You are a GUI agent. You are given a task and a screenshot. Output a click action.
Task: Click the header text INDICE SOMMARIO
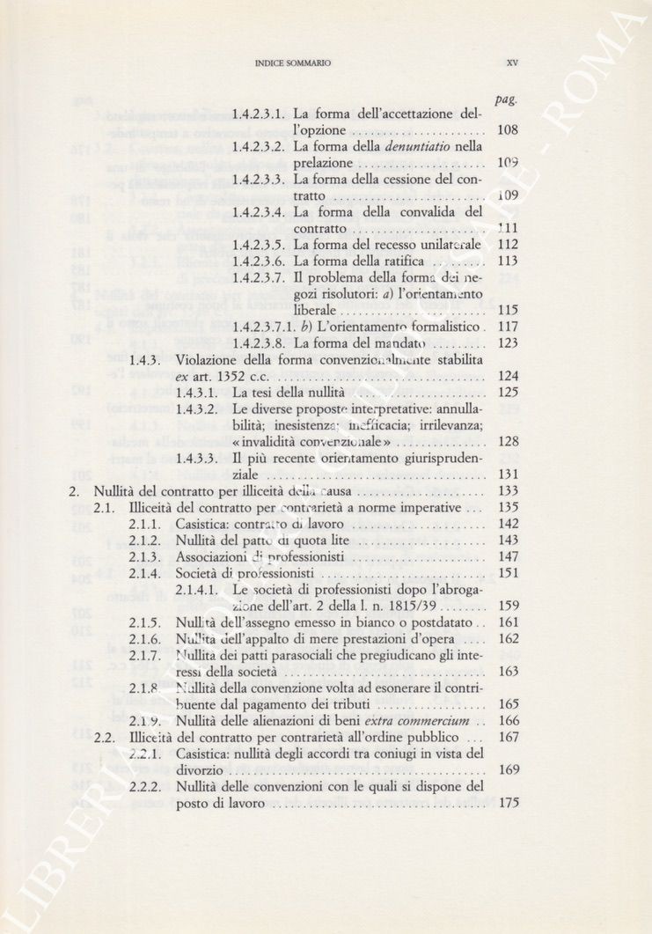[292, 63]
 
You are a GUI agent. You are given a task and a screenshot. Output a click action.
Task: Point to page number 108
[508, 130]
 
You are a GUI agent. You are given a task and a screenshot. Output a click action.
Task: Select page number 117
[508, 327]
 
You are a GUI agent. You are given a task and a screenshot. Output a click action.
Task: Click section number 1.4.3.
[143, 359]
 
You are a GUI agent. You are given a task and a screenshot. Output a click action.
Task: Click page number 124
[508, 376]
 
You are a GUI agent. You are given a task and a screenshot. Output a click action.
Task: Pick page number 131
[508, 474]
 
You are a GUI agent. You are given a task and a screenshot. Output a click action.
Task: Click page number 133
[508, 490]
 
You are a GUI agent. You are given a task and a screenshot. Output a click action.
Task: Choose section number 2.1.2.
[145, 540]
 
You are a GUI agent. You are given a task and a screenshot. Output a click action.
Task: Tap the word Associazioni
[216, 556]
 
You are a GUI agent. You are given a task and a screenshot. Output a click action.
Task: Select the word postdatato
[436, 621]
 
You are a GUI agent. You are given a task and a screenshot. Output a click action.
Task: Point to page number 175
[508, 803]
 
